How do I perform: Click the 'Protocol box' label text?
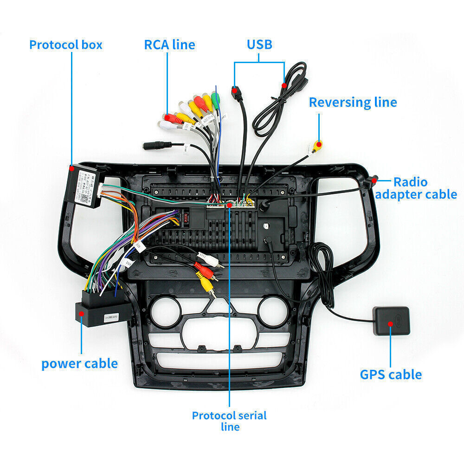65,45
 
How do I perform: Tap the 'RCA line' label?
169,45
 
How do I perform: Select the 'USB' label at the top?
259,45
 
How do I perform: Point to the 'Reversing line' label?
353,102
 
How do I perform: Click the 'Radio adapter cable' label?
416,188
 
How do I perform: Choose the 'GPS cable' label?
391,374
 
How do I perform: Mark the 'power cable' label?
79,363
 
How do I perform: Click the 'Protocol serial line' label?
229,420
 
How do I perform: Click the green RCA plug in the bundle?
215,98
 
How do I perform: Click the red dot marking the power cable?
82,314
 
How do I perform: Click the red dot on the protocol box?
71,169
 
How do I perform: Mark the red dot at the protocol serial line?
229,205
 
